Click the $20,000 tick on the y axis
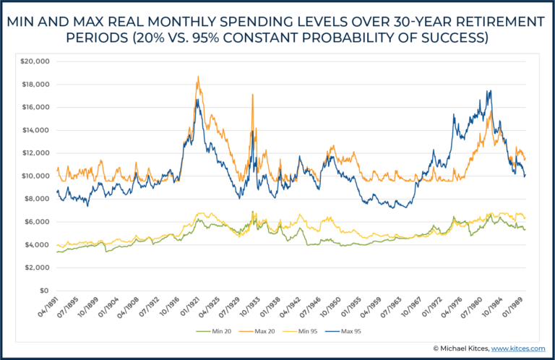click(x=35, y=61)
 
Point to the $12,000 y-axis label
click(x=35, y=153)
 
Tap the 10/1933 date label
click(x=252, y=309)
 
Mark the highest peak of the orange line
click(x=197, y=76)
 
